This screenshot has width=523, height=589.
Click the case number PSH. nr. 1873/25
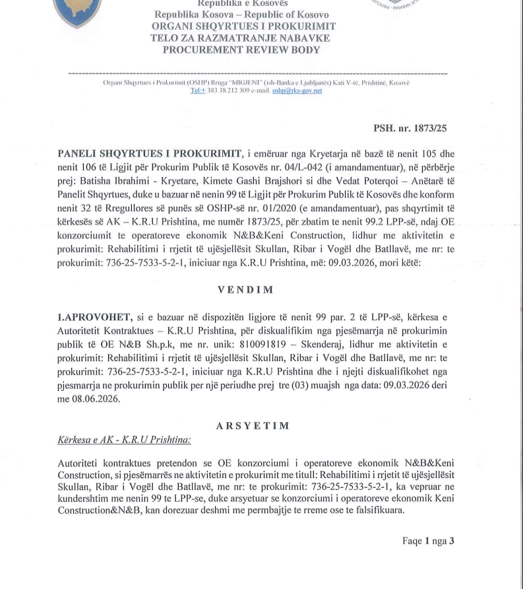[410, 128]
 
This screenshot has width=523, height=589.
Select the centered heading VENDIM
[245, 289]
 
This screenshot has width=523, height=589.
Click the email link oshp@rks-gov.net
[297, 91]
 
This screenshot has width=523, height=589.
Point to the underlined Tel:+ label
[199, 91]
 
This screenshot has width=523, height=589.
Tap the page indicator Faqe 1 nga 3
[428, 541]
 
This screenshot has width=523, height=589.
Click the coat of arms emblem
[78, 13]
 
